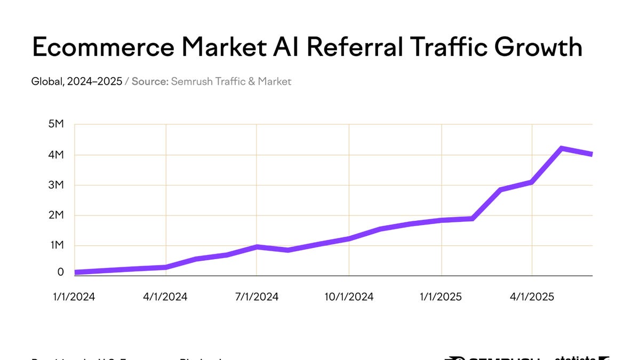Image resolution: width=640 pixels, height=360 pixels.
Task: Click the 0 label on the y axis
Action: pos(61,272)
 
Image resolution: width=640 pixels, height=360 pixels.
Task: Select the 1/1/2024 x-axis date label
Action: pos(74,297)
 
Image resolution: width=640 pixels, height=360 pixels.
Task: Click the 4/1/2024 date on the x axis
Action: pos(165,297)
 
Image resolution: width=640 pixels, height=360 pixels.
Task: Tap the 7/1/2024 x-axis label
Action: pos(257,297)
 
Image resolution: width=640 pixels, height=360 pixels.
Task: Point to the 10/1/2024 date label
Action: pos(348,297)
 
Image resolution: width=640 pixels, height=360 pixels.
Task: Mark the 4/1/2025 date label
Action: pos(532,297)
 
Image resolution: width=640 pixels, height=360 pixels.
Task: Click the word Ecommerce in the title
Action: pos(103,47)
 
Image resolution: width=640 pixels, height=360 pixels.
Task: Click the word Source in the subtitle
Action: pos(150,82)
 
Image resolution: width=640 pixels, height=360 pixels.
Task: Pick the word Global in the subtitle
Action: pos(46,82)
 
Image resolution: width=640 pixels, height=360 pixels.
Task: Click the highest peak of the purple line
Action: pos(562,148)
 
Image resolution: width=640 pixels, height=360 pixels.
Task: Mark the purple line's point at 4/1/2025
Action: pos(532,182)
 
